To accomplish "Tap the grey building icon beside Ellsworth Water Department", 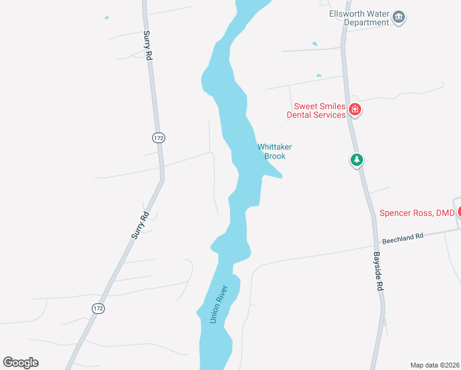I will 399,17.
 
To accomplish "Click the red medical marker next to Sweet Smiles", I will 354,110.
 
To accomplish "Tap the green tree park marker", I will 356,160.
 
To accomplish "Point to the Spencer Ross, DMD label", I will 417,213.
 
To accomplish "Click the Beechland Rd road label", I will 403,236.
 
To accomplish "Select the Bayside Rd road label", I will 380,271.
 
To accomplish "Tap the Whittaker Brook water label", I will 274,151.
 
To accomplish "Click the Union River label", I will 218,304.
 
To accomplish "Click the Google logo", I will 20,363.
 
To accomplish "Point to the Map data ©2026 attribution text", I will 434,365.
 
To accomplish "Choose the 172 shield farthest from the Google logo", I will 159,138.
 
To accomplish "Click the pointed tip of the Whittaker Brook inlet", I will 282,178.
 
